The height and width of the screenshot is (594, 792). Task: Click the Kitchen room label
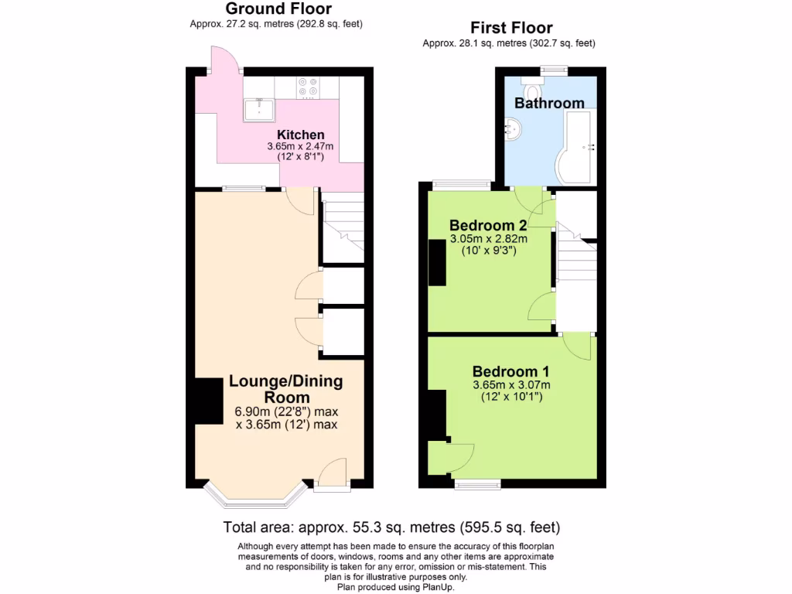(301, 135)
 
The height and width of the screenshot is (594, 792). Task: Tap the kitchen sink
(258, 111)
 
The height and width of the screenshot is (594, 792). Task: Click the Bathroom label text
(549, 103)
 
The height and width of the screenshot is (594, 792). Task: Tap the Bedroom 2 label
(488, 226)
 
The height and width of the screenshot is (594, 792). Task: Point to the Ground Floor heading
(278, 9)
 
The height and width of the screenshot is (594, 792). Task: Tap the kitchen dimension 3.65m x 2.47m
(300, 146)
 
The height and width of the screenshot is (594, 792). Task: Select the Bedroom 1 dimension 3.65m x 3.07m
(511, 385)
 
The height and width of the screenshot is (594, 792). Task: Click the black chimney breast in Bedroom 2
(437, 264)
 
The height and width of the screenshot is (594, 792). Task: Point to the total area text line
(391, 528)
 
